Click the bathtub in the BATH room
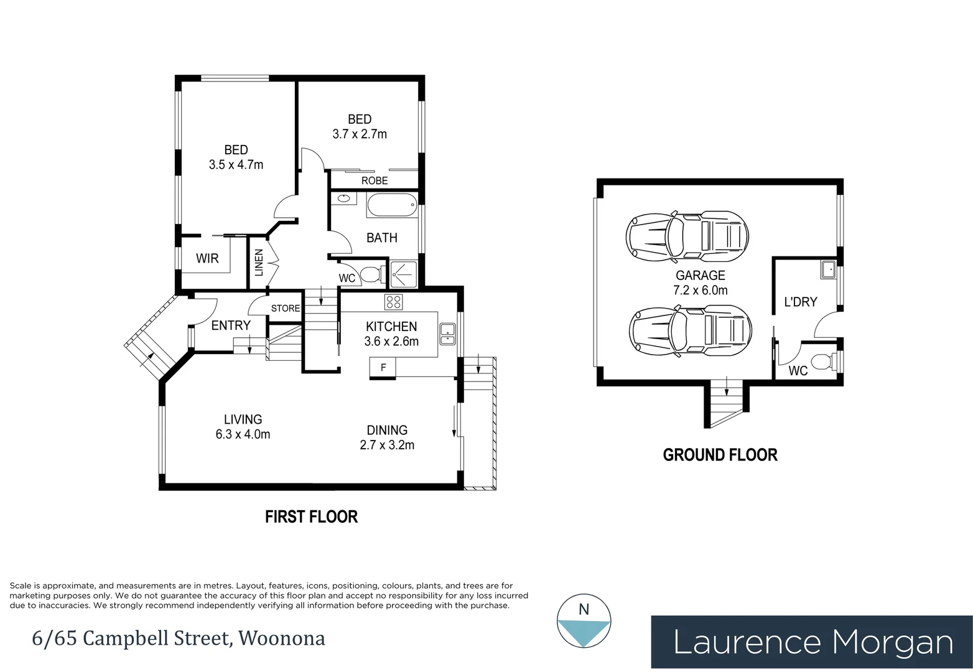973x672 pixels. (x=392, y=205)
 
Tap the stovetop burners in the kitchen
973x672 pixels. (x=394, y=302)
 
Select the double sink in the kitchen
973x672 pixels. (x=448, y=334)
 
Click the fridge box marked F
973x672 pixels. (x=383, y=368)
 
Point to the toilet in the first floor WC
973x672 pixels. (x=372, y=274)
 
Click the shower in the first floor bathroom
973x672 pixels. (x=404, y=274)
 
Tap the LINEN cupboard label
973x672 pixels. (x=259, y=263)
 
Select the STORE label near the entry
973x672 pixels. (x=286, y=309)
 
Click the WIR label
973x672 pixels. (x=207, y=258)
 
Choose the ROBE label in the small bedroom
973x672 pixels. (x=375, y=180)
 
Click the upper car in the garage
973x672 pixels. (x=687, y=236)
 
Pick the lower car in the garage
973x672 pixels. (x=690, y=331)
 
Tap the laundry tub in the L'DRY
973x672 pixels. (x=828, y=269)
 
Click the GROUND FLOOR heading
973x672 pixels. (x=720, y=455)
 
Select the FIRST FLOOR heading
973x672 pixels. (x=312, y=516)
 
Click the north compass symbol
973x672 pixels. (x=584, y=621)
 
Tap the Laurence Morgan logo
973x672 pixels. (x=812, y=642)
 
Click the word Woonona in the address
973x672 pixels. (x=281, y=638)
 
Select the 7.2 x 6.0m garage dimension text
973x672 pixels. (x=701, y=290)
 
